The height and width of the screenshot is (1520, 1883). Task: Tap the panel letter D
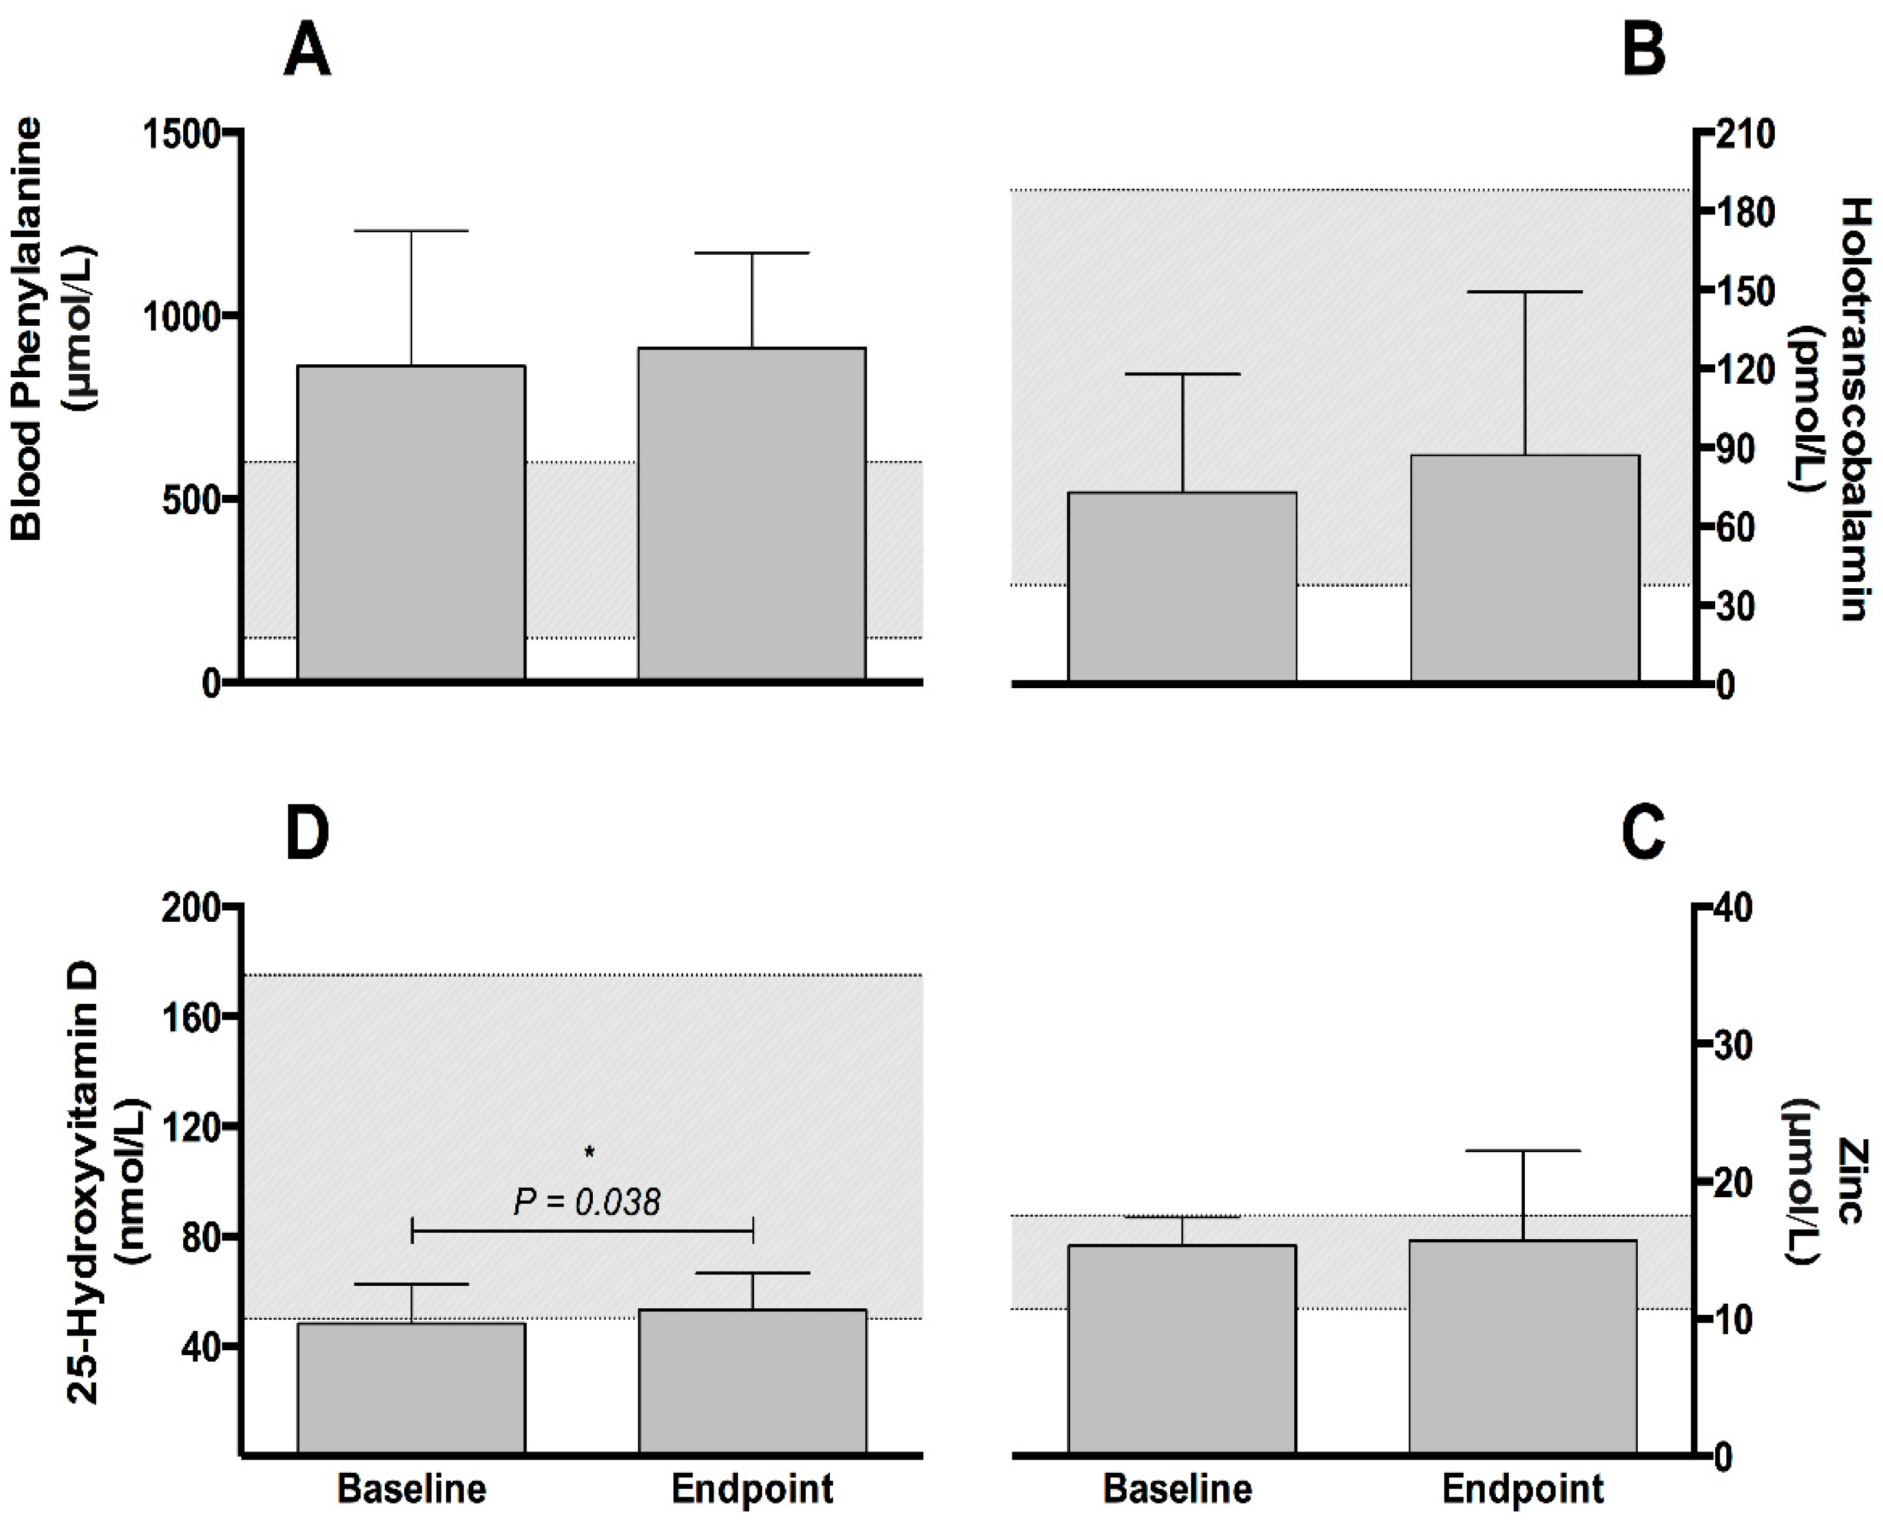[x=307, y=832]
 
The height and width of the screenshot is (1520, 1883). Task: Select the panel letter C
[x=1643, y=832]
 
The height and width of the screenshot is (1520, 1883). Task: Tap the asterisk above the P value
[x=590, y=1153]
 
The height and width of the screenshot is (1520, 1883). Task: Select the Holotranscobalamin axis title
[x=1854, y=410]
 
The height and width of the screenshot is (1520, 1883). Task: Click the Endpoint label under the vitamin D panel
[x=752, y=1489]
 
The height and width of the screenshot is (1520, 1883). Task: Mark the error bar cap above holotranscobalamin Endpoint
[x=1525, y=291]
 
